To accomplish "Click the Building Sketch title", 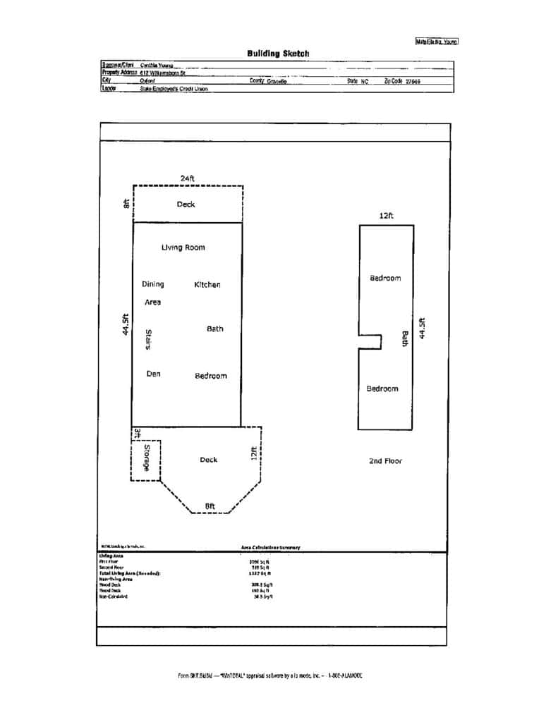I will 278,54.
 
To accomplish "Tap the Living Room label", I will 183,247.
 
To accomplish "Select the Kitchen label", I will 207,285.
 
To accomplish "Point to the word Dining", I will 152,284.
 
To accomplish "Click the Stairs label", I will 149,341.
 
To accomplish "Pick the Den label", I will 153,374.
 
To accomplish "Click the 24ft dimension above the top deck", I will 187,178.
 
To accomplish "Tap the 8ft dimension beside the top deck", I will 126,204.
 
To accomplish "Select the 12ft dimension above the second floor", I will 386,216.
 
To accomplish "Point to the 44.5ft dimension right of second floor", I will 422,328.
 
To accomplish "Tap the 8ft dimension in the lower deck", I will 210,506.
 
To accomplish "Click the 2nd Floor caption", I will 385,461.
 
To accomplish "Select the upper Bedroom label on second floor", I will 385,278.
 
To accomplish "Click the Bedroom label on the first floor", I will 211,376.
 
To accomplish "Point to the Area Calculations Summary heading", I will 265,547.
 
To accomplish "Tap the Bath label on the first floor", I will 215,329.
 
